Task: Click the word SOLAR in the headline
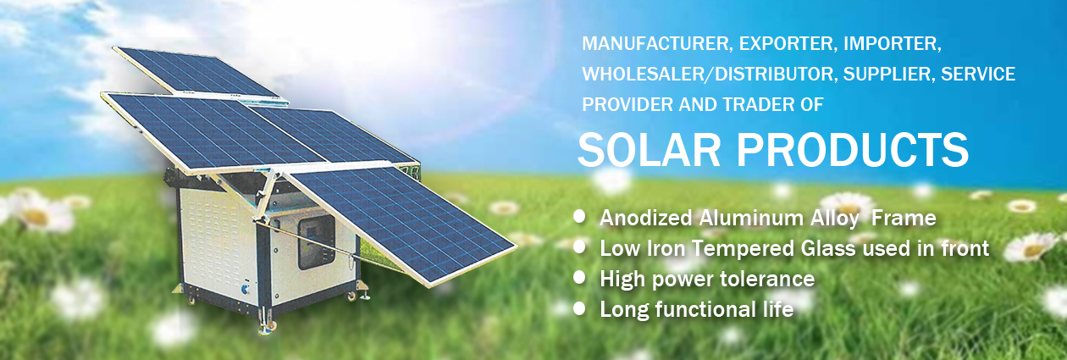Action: pyautogui.click(x=649, y=150)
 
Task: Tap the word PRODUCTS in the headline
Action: pyautogui.click(x=853, y=150)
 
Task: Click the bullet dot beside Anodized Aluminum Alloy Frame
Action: pyautogui.click(x=580, y=217)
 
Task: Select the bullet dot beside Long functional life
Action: pyautogui.click(x=580, y=308)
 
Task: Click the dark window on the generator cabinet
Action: pyautogui.click(x=317, y=241)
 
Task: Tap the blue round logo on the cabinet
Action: pyautogui.click(x=246, y=289)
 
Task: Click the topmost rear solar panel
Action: pyautogui.click(x=200, y=72)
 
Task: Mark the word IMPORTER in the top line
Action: pyautogui.click(x=893, y=44)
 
